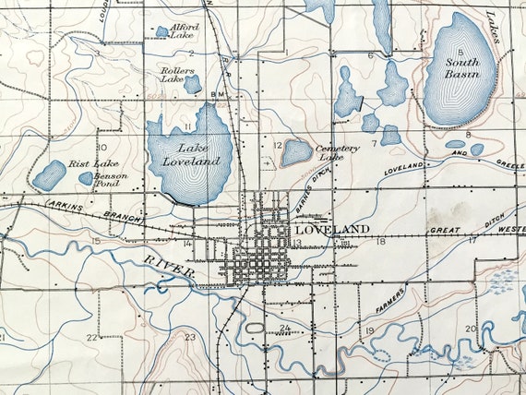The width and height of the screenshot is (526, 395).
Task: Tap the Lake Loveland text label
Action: pyautogui.click(x=199, y=155)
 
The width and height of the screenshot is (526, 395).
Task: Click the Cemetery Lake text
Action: pyautogui.click(x=337, y=152)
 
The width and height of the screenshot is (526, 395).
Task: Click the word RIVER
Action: pyautogui.click(x=167, y=267)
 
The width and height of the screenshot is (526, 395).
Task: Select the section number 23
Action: pyautogui.click(x=190, y=338)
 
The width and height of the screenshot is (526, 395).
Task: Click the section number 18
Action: pyautogui.click(x=380, y=242)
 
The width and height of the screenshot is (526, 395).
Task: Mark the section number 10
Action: pyautogui.click(x=102, y=147)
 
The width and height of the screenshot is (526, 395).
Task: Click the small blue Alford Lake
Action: pyautogui.click(x=162, y=31)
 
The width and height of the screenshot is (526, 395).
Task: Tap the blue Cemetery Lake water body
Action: pyautogui.click(x=296, y=152)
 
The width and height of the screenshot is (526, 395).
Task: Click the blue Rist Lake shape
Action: pyautogui.click(x=50, y=174)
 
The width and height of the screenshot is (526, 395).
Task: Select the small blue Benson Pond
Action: pyautogui.click(x=86, y=178)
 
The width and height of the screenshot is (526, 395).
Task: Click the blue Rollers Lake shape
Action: pyautogui.click(x=192, y=84)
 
